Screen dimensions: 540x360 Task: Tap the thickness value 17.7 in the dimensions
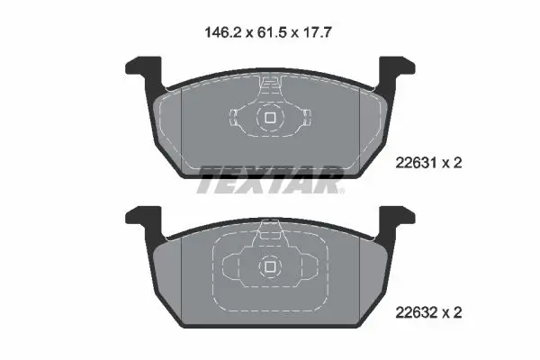317,33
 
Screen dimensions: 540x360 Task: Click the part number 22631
416,163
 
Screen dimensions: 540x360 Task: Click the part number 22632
416,313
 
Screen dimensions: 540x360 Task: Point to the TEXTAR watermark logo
270,180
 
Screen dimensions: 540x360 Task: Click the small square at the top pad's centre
270,118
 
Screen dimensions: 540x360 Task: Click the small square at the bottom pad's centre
270,266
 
